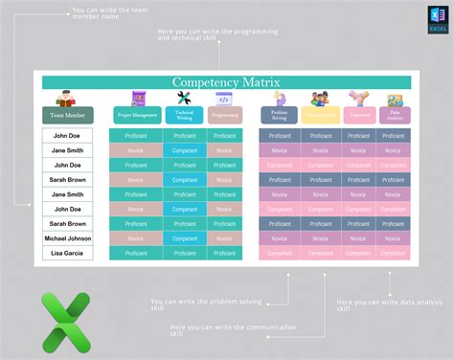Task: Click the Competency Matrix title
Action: point(226,83)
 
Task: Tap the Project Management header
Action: point(136,115)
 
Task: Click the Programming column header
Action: point(223,115)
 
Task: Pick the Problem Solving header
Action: point(280,115)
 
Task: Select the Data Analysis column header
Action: point(393,115)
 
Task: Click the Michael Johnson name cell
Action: point(67,238)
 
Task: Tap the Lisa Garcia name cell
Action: point(67,253)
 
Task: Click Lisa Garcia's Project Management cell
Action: point(136,253)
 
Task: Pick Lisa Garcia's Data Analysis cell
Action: point(393,253)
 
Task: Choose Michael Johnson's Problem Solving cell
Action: point(280,238)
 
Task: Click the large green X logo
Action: point(66,321)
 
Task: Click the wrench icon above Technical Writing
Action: point(184,98)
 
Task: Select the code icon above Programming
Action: point(223,99)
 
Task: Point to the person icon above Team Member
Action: point(67,98)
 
